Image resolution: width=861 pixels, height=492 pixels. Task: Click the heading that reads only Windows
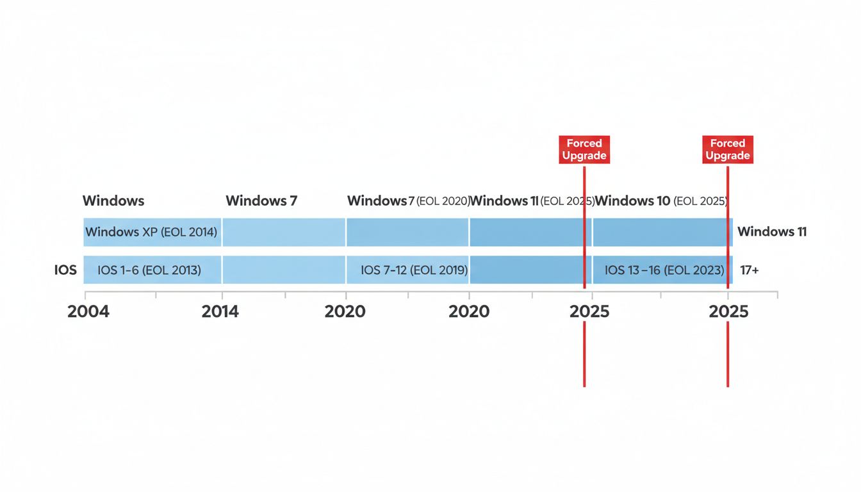113,201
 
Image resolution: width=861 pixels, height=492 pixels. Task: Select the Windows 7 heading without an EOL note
261,201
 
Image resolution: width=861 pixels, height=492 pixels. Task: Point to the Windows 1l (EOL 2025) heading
532,201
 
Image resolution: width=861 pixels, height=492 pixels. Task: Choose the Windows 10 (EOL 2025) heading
660,201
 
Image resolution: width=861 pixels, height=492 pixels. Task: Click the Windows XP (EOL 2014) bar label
151,232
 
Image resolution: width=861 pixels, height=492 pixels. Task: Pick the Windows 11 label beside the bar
772,232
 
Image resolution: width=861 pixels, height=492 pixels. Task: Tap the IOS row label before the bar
65,270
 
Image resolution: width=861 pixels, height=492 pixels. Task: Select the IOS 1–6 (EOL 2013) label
149,270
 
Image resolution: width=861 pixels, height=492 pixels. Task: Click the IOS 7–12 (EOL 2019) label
414,270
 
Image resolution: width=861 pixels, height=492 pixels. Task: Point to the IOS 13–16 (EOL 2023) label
664,270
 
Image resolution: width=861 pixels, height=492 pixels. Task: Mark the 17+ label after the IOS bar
750,270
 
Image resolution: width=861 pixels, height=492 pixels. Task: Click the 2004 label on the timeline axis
88,312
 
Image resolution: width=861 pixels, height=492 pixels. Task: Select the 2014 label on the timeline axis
220,312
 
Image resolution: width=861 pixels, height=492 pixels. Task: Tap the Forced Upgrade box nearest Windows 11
728,149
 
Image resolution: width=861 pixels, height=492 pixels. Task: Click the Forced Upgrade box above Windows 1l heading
584,149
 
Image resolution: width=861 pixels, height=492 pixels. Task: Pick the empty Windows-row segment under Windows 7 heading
284,232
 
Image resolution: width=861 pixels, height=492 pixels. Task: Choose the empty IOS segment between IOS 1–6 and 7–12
284,270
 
